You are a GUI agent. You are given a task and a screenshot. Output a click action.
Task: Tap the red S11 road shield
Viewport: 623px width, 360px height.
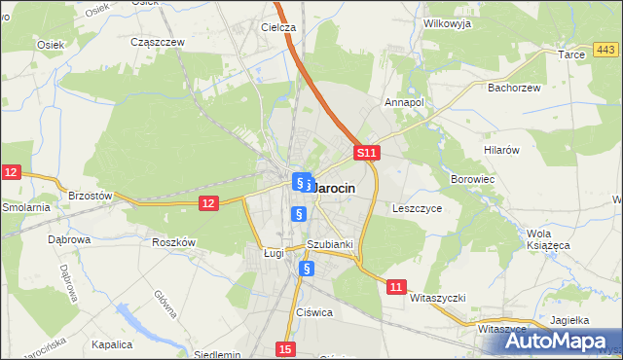tap(365, 154)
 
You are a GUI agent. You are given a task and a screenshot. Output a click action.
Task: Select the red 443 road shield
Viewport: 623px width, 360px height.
tap(606, 50)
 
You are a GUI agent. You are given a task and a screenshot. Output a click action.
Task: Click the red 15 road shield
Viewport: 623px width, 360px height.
tap(284, 348)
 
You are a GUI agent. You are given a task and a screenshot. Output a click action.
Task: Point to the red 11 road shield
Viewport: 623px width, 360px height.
tap(395, 287)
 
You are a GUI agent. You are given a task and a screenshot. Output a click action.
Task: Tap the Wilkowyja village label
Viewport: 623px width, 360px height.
tap(447, 23)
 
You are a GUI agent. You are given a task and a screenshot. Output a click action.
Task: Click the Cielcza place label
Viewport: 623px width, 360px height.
tap(277, 28)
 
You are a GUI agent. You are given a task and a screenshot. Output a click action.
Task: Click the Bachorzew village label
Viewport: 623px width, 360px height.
tap(513, 88)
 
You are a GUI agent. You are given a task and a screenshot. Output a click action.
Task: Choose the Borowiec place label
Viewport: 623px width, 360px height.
tap(474, 180)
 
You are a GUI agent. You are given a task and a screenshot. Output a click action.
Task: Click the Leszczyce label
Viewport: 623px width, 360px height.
tap(418, 208)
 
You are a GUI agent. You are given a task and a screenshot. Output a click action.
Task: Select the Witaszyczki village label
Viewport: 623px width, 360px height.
tap(439, 297)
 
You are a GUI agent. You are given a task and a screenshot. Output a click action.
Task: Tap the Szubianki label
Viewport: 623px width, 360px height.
tap(329, 245)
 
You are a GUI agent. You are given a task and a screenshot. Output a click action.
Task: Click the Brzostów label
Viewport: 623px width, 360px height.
tap(92, 196)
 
